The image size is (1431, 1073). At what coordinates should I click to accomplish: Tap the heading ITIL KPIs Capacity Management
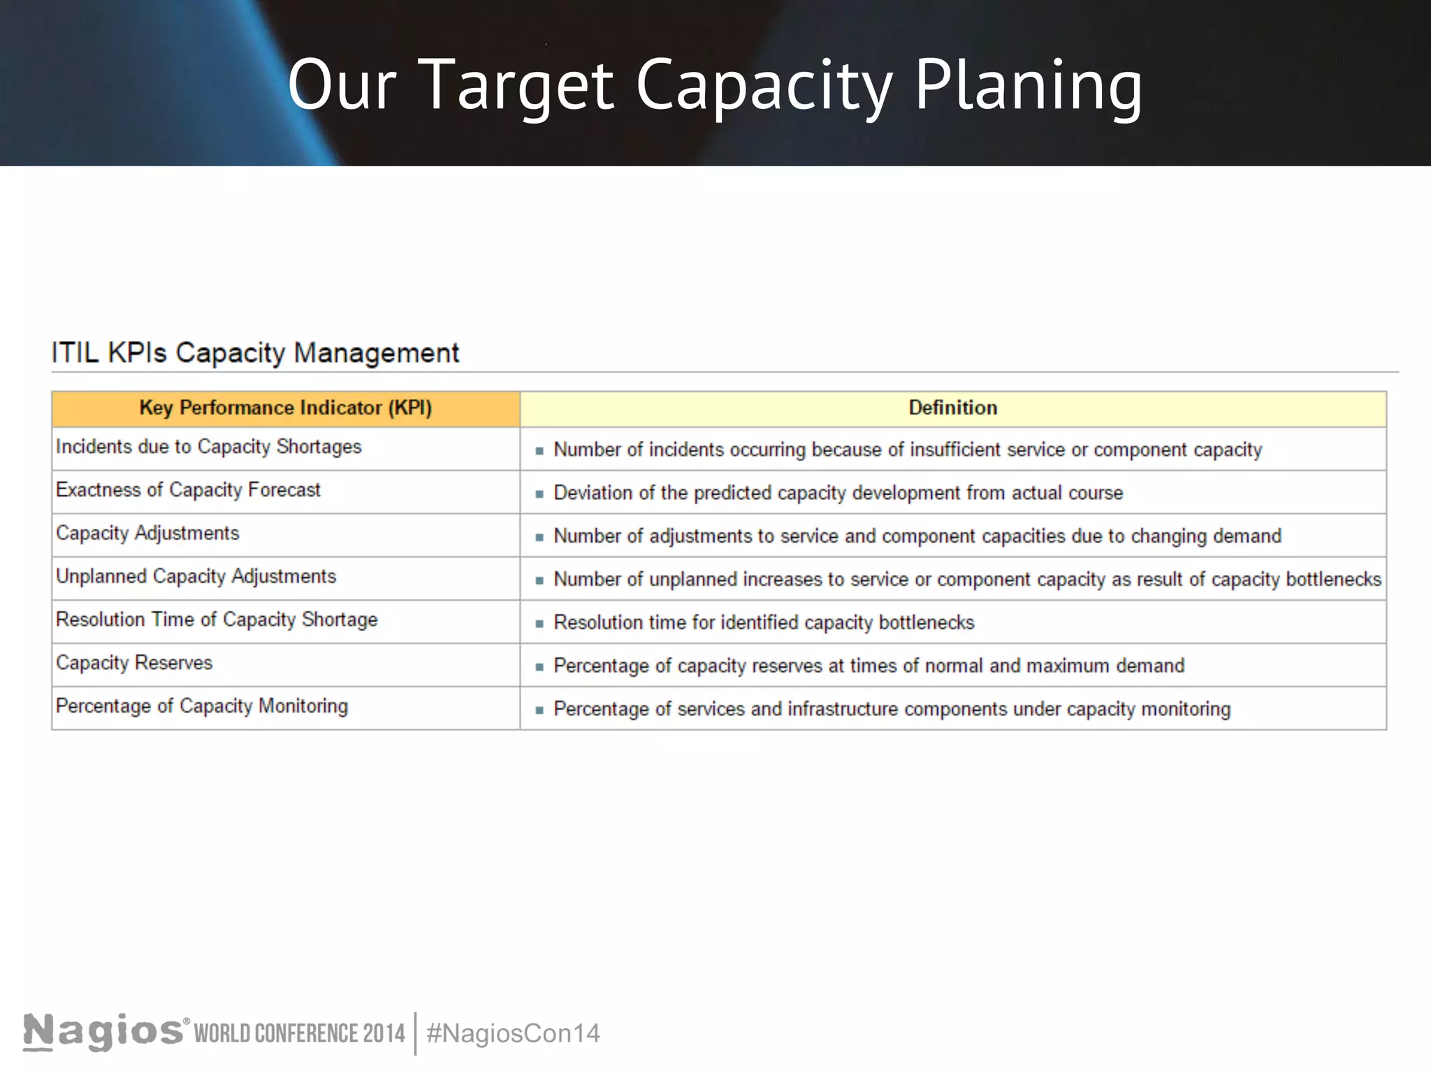click(255, 353)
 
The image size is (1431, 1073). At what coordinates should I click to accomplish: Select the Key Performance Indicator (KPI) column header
click(285, 408)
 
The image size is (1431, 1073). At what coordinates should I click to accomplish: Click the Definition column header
click(952, 408)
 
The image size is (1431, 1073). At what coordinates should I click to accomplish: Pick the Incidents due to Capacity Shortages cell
click(209, 447)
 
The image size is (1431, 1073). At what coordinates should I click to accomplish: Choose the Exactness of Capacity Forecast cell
click(188, 490)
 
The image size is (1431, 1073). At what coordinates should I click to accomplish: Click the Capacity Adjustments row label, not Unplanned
click(147, 534)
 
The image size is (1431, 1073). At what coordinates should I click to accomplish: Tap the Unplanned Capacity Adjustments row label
click(196, 577)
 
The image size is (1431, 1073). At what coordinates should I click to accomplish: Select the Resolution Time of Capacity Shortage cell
click(217, 620)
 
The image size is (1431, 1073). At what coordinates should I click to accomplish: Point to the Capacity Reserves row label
click(134, 663)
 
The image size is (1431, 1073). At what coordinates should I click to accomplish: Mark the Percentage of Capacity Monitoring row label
click(202, 706)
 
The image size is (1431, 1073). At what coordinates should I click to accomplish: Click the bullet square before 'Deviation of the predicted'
click(539, 494)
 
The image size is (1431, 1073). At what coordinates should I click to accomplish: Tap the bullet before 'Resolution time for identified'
click(539, 624)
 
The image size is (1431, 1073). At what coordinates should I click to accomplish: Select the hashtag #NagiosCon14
click(513, 1033)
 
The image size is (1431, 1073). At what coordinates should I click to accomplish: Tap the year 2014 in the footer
click(384, 1033)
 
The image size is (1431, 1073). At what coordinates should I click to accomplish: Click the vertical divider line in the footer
click(416, 1033)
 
